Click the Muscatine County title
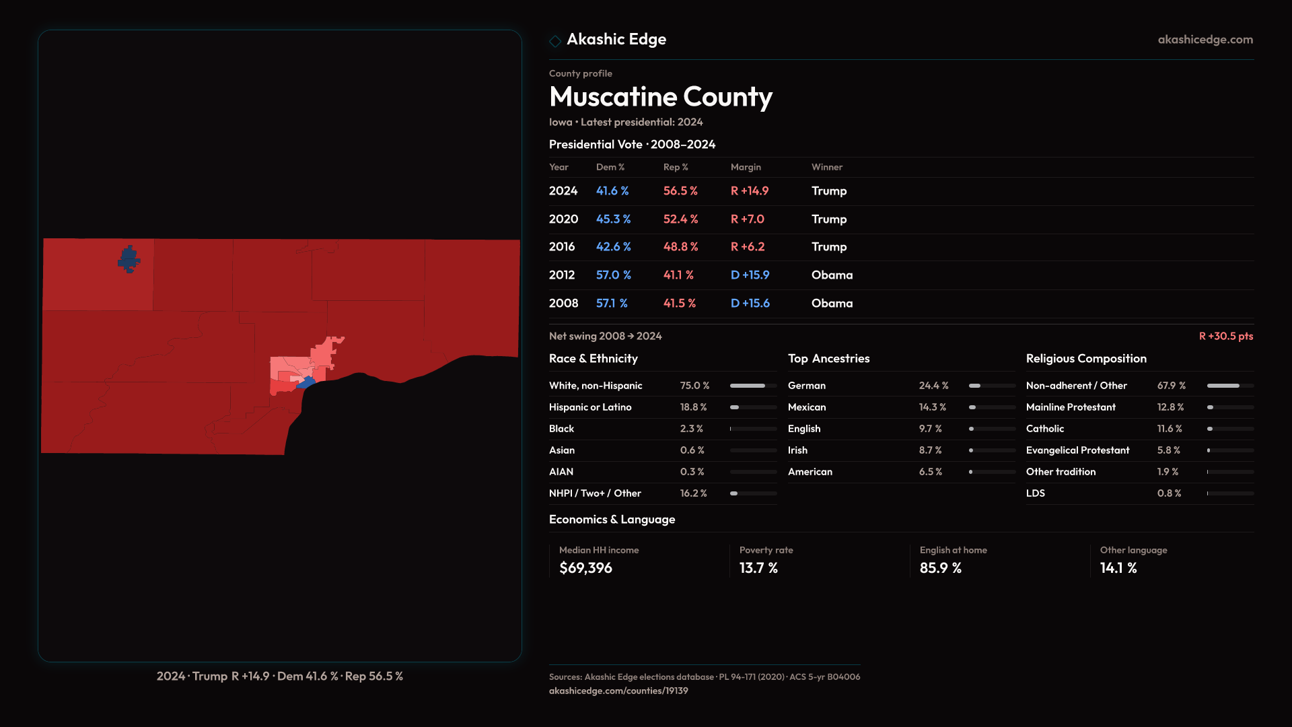[660, 97]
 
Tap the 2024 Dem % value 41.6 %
[612, 191]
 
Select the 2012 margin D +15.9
[750, 275]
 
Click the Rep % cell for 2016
[680, 247]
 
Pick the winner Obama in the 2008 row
[832, 304]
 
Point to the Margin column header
[746, 167]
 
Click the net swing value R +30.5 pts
[1225, 336]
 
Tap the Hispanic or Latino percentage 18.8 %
[693, 407]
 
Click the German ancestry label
[806, 386]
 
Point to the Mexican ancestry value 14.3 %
[932, 407]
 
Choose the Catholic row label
[1044, 429]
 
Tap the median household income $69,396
[585, 568]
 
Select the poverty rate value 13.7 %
[758, 568]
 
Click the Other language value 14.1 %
[1118, 568]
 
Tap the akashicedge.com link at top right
[1205, 40]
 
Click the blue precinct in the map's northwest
[129, 259]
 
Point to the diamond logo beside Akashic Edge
[555, 41]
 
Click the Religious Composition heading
[1085, 359]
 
